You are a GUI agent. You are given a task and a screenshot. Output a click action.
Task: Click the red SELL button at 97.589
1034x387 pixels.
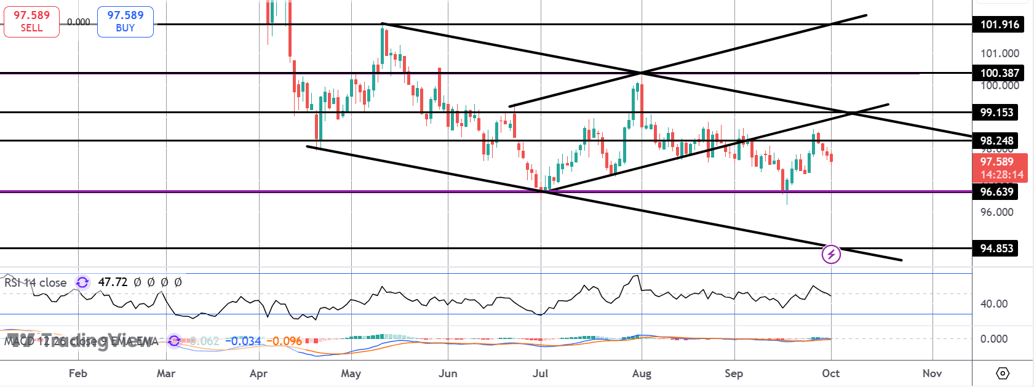point(31,22)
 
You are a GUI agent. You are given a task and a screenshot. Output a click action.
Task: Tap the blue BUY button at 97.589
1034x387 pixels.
point(125,22)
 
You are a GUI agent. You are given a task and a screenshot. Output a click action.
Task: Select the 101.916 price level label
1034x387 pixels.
point(999,25)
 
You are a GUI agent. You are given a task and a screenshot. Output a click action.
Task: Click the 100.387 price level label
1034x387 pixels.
point(999,73)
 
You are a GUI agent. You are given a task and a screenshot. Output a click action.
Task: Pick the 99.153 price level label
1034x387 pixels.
point(996,113)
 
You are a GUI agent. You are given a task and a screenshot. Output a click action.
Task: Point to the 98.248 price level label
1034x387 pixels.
point(996,141)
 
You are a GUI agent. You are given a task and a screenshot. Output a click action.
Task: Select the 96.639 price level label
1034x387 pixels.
point(996,192)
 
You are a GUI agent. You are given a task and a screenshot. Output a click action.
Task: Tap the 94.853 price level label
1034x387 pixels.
point(996,249)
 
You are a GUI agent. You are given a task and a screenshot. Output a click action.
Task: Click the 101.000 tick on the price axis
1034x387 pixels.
point(1000,54)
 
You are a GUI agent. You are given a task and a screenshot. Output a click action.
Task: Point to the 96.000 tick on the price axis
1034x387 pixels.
point(996,212)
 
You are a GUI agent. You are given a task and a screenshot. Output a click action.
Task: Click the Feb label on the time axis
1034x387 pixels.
point(78,373)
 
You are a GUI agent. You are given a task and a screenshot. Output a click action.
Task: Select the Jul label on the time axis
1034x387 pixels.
point(540,373)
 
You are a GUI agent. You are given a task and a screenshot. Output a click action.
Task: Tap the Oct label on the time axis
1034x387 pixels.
point(830,373)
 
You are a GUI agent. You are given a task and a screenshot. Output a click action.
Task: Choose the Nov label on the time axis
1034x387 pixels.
point(932,373)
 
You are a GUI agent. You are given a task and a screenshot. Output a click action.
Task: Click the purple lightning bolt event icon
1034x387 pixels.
point(831,254)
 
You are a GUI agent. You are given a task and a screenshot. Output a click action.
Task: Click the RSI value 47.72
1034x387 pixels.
point(113,282)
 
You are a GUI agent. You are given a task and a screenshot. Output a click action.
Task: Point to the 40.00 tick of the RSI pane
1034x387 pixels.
point(994,304)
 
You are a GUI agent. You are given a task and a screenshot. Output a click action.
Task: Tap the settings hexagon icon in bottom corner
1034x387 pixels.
point(1003,373)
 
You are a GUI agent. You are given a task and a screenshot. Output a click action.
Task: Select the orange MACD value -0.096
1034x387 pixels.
point(287,341)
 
